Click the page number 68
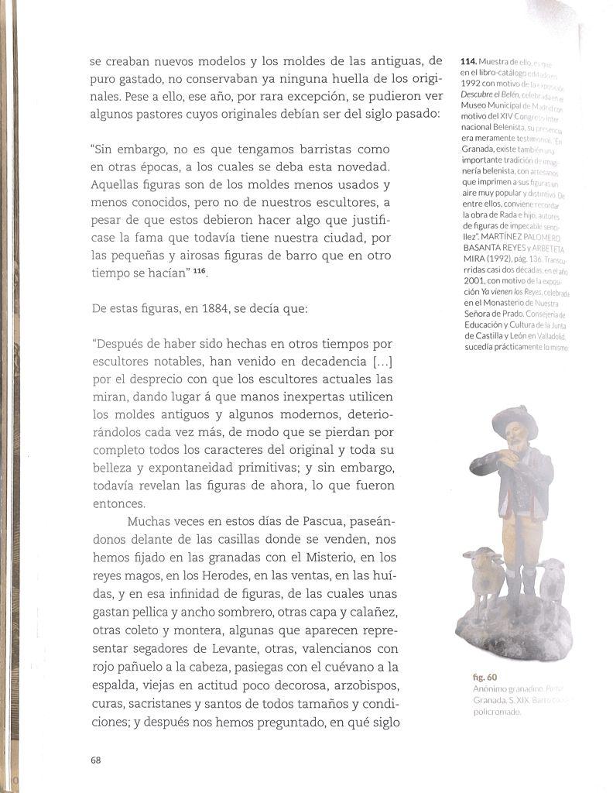pos(96,760)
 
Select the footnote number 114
pos(467,61)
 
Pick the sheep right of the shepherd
pos(552,577)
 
